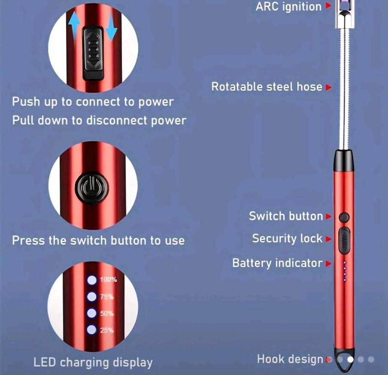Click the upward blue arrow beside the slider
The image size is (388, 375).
tap(76, 26)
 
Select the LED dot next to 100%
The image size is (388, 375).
tap(91, 280)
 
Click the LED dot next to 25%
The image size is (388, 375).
tap(91, 330)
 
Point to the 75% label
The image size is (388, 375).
tap(107, 297)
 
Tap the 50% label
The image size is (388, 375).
tap(107, 314)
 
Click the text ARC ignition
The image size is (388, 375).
tap(288, 6)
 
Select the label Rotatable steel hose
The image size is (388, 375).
tap(267, 87)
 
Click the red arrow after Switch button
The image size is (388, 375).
tap(329, 216)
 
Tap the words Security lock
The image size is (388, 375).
tap(287, 238)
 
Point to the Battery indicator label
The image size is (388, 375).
tap(277, 263)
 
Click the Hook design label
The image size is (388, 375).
tap(290, 359)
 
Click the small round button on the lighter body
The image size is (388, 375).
tap(343, 217)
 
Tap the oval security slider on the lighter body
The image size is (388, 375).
tap(344, 240)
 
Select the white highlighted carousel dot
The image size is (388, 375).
tap(351, 360)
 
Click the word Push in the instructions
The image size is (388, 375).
tap(26, 102)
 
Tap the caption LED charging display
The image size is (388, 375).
tap(93, 363)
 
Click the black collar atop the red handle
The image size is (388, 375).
tap(344, 160)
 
